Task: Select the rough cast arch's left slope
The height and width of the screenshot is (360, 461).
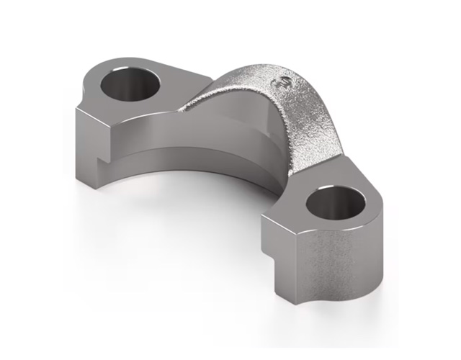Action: point(216,97)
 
